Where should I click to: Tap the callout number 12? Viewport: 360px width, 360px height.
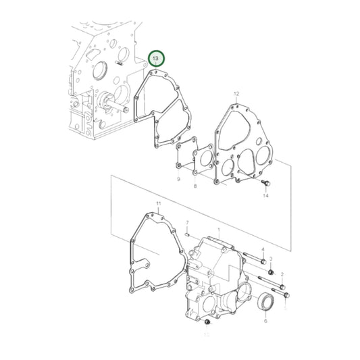236,93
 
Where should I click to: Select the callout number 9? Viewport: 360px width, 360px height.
178,180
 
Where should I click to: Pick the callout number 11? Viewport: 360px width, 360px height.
159,203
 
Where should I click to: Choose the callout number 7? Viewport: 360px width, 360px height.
187,223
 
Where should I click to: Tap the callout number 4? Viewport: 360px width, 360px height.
263,251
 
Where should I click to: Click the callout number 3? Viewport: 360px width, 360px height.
271,259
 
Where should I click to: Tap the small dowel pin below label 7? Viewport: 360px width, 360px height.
186,234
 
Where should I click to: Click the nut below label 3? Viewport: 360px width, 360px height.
270,272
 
